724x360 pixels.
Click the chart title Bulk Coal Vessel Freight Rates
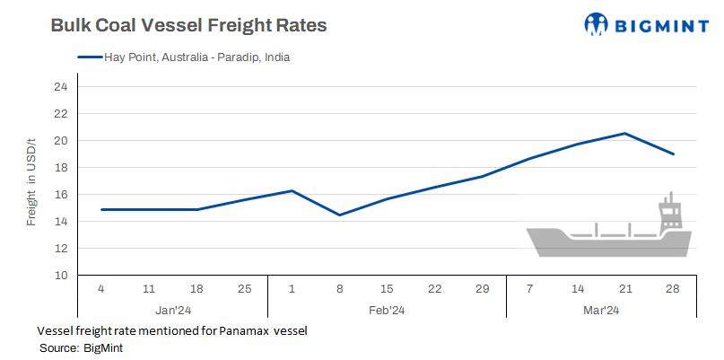point(188,26)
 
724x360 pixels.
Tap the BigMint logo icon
point(597,24)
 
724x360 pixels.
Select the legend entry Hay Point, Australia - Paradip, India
point(184,57)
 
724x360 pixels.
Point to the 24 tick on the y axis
point(60,87)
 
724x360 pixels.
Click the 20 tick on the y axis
point(60,141)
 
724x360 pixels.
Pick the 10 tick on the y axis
point(60,276)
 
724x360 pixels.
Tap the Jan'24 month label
point(173,310)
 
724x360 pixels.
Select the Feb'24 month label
point(387,310)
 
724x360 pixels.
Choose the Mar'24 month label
point(601,310)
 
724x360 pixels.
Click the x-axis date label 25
point(244,290)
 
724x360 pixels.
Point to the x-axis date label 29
point(482,290)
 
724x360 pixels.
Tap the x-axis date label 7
point(530,290)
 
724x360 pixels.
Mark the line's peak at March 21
point(624,134)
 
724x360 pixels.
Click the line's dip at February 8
point(339,215)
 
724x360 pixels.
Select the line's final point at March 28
point(673,154)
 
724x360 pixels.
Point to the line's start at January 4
point(101,209)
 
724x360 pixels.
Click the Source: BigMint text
point(81,347)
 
